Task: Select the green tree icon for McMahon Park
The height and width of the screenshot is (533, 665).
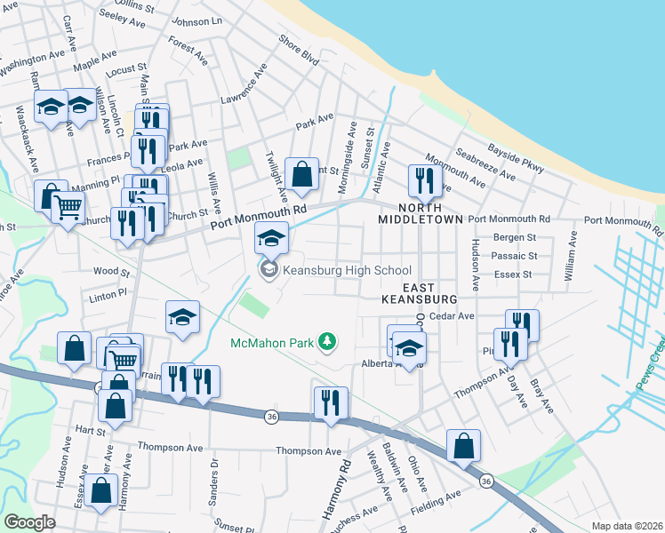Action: coord(328,341)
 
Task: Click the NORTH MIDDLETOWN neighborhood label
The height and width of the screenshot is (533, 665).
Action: coord(420,212)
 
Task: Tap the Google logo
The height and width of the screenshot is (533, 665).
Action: coord(29,522)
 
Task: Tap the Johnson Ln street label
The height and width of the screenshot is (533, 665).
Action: coord(196,20)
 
